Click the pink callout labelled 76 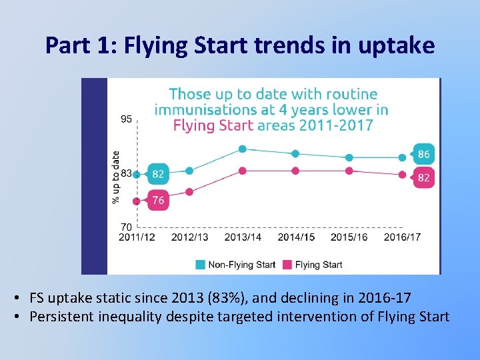tap(158, 200)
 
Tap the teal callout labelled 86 tap(423, 154)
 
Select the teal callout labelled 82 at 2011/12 tap(158, 174)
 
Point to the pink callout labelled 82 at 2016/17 tap(423, 178)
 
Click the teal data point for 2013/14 tap(243, 149)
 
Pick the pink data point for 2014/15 tap(296, 171)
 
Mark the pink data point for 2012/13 tap(189, 192)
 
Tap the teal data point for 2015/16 tap(349, 157)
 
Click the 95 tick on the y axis tap(126, 119)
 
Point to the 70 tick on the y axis tap(126, 227)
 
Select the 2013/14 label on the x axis tap(243, 237)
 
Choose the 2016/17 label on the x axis tap(402, 237)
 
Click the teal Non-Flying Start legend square tap(201, 265)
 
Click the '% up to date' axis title tap(116, 177)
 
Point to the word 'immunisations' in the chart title tap(195, 110)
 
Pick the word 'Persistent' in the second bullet tap(63, 316)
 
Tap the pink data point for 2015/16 tap(349, 171)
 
